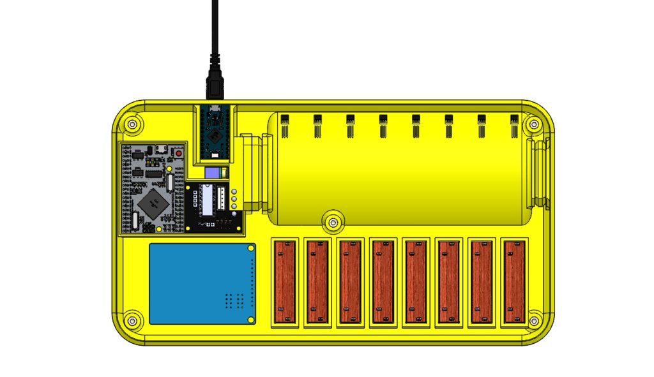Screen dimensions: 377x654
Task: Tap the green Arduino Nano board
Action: (215, 133)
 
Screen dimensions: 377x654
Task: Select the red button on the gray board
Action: (178, 154)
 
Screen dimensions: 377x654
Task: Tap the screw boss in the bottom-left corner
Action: (132, 320)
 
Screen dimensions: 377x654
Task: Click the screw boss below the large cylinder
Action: (331, 221)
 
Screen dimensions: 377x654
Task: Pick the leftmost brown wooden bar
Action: (285, 281)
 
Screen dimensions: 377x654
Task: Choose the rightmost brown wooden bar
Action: (514, 281)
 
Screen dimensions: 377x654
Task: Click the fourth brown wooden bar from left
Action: (383, 281)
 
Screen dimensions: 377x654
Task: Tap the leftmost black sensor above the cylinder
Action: (284, 124)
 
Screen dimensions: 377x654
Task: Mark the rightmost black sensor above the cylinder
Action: (514, 124)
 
